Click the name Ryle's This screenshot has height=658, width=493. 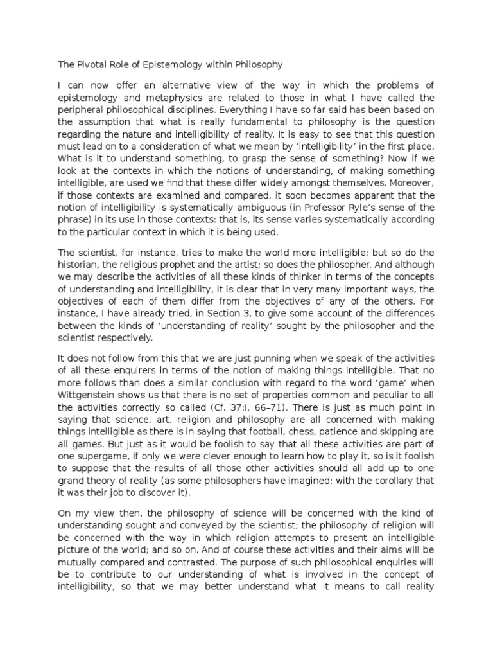[360, 207]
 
